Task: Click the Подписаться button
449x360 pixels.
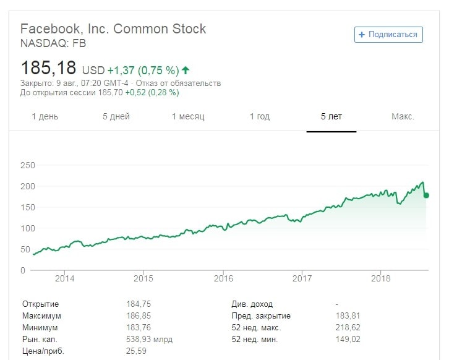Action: point(388,35)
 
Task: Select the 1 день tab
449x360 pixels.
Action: point(45,116)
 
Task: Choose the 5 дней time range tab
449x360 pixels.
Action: point(116,116)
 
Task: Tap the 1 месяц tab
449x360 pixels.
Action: point(188,116)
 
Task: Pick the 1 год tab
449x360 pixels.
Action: point(260,116)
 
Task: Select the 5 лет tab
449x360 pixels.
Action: point(331,116)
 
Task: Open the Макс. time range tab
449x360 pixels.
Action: point(403,116)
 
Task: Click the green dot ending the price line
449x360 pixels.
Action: point(426,195)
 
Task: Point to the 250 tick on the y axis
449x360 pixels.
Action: point(28,165)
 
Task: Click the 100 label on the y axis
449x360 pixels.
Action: point(28,228)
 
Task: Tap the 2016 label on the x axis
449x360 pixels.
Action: point(223,278)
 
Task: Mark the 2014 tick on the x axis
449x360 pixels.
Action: point(65,278)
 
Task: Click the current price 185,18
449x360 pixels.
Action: point(48,68)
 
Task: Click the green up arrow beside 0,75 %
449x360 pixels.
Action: point(186,71)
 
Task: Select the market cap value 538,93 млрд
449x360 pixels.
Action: point(149,340)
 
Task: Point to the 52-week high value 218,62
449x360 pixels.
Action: point(348,328)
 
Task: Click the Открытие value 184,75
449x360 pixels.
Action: point(139,304)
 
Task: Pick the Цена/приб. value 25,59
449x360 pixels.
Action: point(136,351)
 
